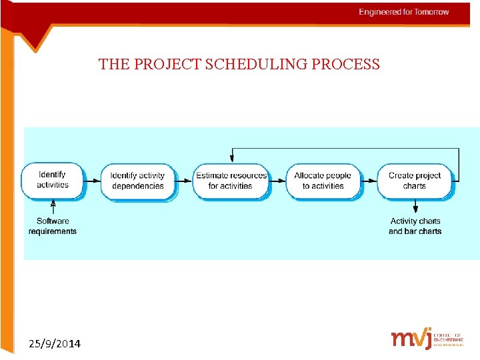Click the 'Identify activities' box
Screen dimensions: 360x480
[52, 180]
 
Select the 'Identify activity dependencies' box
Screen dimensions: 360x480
[138, 181]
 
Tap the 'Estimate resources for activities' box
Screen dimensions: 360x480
[231, 181]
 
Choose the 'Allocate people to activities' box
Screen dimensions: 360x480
[323, 181]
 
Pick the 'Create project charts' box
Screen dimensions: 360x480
[414, 181]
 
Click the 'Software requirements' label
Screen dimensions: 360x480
[53, 226]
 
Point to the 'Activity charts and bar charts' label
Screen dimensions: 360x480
[415, 226]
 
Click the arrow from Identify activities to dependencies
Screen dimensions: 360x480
[93, 180]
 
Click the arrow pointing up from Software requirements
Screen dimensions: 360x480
[53, 208]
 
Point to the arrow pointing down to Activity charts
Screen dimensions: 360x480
[415, 206]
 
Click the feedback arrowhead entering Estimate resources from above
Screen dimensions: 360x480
[231, 158]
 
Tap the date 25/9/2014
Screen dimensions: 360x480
[55, 344]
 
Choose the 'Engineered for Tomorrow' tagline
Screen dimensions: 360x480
[404, 12]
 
